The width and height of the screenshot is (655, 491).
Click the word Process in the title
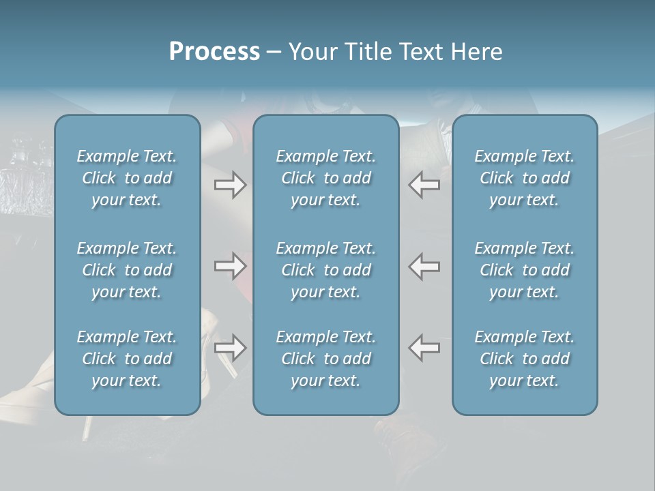(214, 52)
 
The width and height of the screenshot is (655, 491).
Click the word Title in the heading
(368, 52)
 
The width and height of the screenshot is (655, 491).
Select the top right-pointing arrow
(231, 185)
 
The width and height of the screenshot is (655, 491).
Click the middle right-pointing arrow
(231, 266)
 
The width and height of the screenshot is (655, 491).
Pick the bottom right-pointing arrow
(231, 348)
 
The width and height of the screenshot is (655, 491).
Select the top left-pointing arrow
(424, 185)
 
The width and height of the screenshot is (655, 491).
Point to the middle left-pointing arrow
(424, 266)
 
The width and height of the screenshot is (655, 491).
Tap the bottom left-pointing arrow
(424, 348)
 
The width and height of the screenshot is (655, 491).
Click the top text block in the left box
(127, 178)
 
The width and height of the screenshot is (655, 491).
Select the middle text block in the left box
(127, 270)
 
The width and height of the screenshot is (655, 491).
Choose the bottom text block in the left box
(127, 359)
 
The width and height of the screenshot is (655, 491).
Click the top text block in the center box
(326, 178)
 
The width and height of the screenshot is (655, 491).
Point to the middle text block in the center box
(326, 270)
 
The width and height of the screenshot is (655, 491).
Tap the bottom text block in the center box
(326, 359)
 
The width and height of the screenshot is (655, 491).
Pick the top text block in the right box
(525, 178)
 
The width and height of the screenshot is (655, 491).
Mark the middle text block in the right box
(525, 270)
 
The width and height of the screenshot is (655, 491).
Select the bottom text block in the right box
(525, 359)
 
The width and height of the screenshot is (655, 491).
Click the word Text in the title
(420, 52)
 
